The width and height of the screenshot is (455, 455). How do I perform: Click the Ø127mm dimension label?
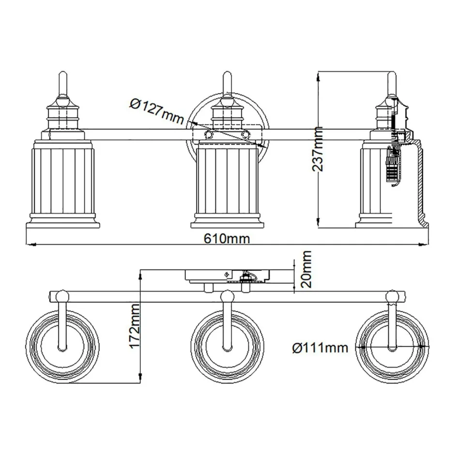(157, 111)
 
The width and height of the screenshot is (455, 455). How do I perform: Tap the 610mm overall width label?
(227, 238)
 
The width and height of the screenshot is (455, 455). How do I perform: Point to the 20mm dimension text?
(307, 269)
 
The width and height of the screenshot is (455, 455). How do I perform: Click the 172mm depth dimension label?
(135, 326)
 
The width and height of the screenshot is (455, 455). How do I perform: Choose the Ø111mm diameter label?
(320, 348)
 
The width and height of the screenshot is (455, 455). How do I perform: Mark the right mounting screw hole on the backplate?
(246, 134)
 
